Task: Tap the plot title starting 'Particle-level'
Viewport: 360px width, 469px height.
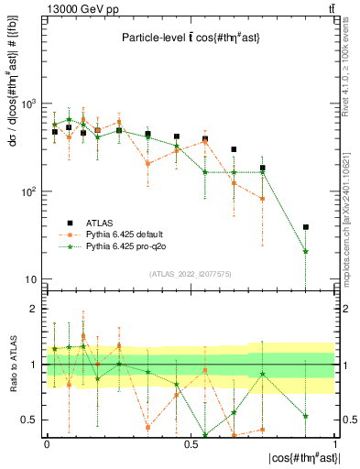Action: click(188, 38)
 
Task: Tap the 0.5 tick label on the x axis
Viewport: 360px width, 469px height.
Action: click(191, 443)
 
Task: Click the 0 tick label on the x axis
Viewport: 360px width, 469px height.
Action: click(47, 443)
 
